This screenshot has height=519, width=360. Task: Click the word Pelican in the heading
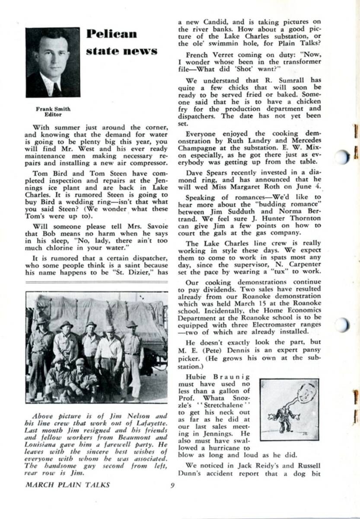[112, 34]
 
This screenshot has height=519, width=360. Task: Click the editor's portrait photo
[53, 63]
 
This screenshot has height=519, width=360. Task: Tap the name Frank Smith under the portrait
[53, 109]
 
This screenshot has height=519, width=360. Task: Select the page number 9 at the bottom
[172, 485]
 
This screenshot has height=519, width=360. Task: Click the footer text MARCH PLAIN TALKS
[67, 485]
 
